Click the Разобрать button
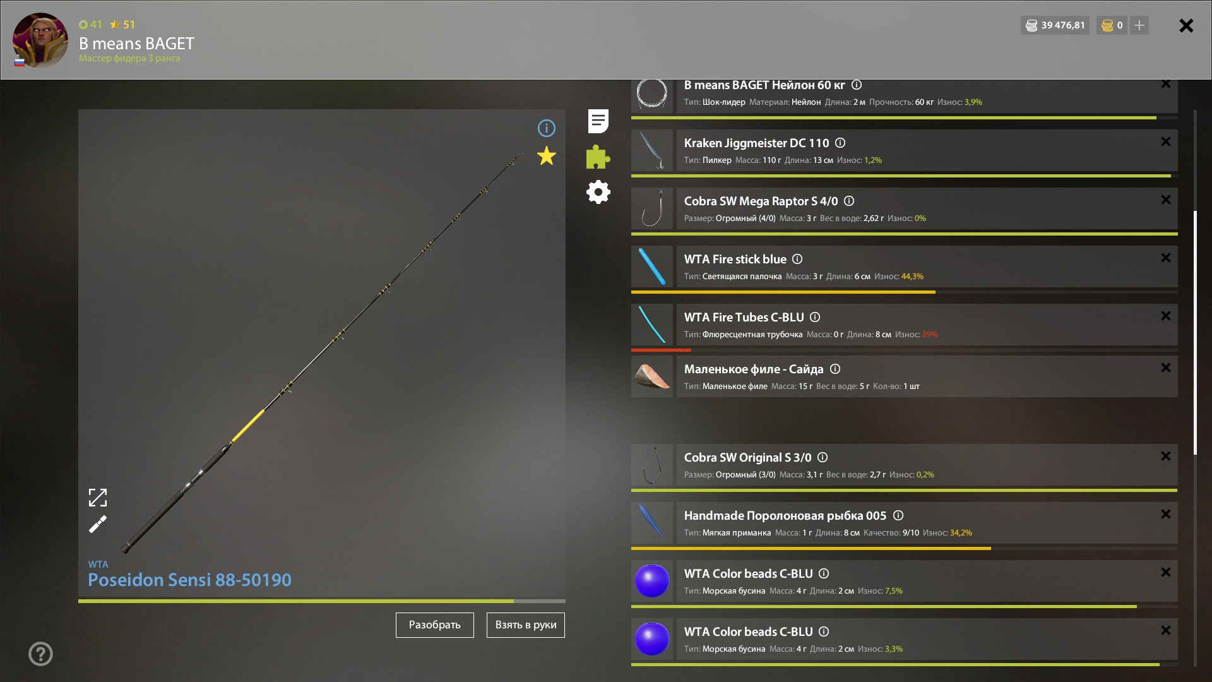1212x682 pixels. tap(434, 625)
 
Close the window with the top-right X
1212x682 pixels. tap(1186, 25)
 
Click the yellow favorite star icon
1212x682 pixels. tap(547, 156)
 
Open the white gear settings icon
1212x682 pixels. tap(598, 192)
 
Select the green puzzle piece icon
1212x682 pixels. tap(598, 157)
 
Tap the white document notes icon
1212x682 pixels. tap(598, 121)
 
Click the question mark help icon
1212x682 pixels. tap(40, 654)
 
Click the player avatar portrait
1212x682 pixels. tap(40, 40)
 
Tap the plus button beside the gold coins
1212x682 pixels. tap(1139, 25)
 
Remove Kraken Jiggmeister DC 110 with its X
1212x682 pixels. tap(1166, 141)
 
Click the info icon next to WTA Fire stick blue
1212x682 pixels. tap(797, 259)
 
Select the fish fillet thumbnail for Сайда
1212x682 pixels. tap(652, 376)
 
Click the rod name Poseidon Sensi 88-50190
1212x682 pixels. tap(189, 580)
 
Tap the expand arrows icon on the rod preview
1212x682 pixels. tap(98, 498)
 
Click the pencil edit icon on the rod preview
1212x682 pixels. tap(98, 524)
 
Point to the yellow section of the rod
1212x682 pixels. tap(248, 426)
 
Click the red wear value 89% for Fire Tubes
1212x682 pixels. tap(930, 335)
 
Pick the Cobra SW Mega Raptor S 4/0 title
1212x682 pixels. tap(761, 201)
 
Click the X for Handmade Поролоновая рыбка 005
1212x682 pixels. tap(1166, 514)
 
